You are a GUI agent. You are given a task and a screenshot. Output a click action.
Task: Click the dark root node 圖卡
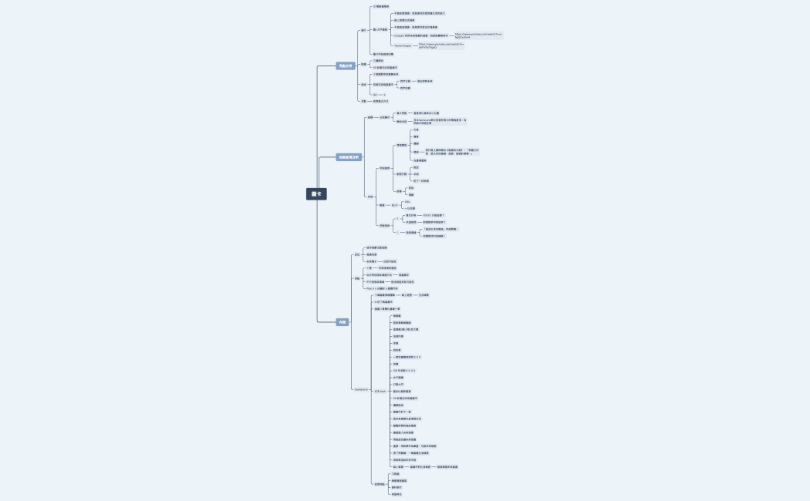(x=316, y=194)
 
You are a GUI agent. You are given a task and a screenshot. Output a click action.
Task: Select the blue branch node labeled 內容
(x=343, y=322)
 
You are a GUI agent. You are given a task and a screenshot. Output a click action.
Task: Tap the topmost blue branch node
(x=345, y=66)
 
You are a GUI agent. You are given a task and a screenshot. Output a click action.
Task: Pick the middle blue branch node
(x=349, y=157)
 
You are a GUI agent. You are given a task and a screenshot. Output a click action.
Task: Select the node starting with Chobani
(x=420, y=35)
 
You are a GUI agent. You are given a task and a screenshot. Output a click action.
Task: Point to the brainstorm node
(x=361, y=389)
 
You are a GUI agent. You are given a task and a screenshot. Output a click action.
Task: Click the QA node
(x=375, y=94)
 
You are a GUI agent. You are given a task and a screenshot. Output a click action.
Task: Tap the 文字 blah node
(x=380, y=392)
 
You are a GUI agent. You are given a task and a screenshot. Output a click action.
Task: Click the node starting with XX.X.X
(x=433, y=215)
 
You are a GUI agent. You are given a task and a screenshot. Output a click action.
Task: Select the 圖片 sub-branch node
(x=363, y=31)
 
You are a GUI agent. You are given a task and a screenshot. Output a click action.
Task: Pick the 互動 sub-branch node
(x=363, y=101)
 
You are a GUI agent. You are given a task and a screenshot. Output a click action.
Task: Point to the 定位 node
(x=357, y=254)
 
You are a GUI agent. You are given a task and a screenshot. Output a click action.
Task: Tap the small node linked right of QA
(x=383, y=94)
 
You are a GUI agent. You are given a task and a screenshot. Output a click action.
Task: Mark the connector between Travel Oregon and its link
(x=415, y=45)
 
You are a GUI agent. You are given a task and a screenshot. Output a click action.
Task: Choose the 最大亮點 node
(x=401, y=113)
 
